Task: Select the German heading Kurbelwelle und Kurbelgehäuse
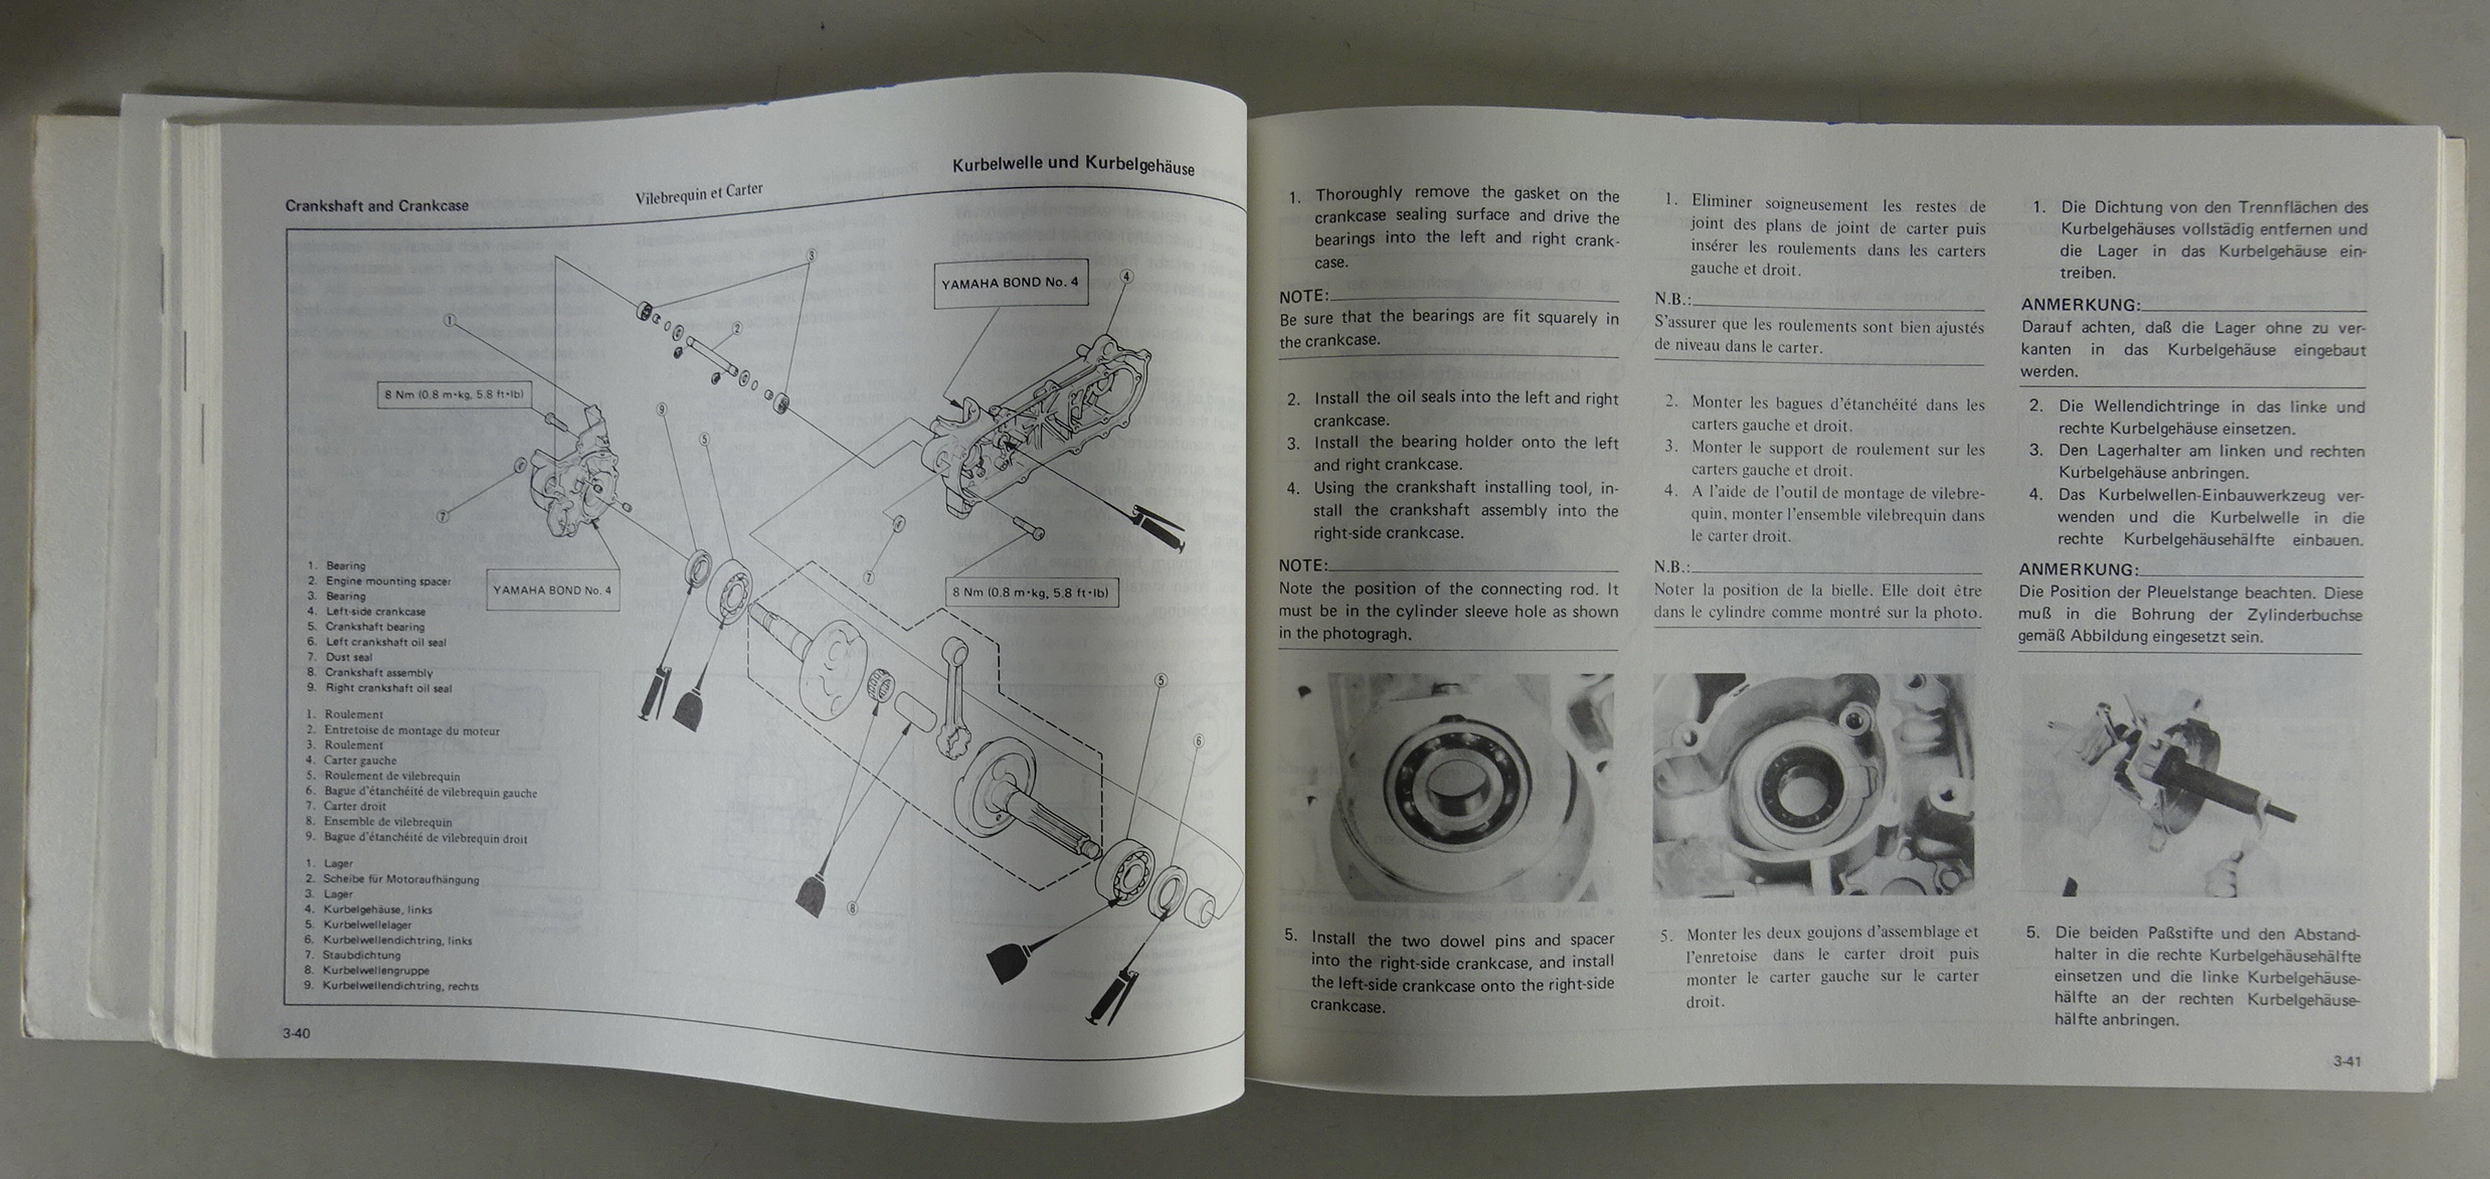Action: point(1073,165)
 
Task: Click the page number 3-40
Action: point(296,1033)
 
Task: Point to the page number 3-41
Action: point(2347,1061)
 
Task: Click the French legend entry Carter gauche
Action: point(360,760)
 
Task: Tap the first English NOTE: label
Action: point(1303,296)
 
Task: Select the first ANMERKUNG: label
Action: point(2079,304)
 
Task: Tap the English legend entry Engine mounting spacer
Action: point(387,581)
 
